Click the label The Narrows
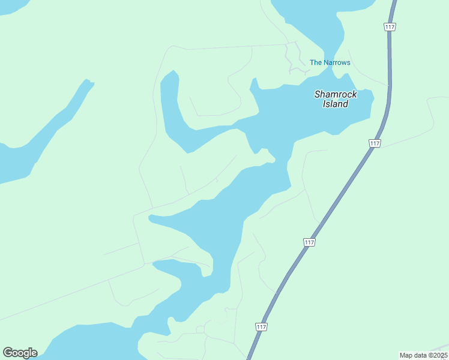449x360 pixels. [x=330, y=62]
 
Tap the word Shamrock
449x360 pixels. [x=336, y=94]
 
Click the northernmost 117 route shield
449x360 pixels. [x=390, y=26]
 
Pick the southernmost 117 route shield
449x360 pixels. [x=261, y=326]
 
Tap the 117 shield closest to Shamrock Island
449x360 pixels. [x=375, y=143]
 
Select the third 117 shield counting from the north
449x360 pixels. [x=309, y=242]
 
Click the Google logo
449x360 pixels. [x=20, y=353]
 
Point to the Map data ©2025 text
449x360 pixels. [x=423, y=355]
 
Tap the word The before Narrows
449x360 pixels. [x=316, y=62]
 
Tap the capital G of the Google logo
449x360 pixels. [x=8, y=352]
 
